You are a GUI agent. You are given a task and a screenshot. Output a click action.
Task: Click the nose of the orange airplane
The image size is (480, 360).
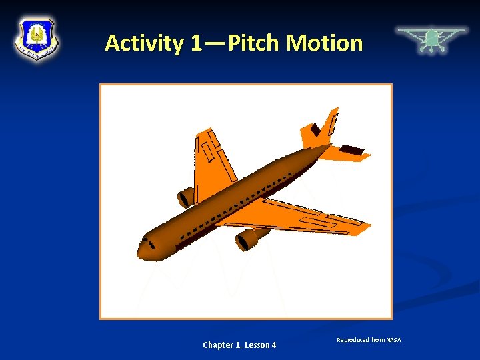pyautogui.click(x=143, y=248)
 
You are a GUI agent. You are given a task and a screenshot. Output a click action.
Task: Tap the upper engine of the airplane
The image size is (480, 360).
pyautogui.click(x=185, y=197)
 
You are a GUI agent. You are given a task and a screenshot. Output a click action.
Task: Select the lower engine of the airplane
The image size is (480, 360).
pyautogui.click(x=249, y=238)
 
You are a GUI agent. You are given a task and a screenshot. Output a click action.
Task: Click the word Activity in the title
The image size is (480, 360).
pyautogui.click(x=143, y=43)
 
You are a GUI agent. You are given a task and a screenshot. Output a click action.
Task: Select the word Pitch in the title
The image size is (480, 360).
pyautogui.click(x=255, y=43)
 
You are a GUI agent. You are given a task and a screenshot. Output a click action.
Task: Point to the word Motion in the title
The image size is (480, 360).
pyautogui.click(x=325, y=43)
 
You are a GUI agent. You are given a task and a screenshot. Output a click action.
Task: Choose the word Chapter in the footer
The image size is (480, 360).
pyautogui.click(x=219, y=345)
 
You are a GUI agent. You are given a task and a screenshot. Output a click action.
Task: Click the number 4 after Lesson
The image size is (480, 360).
pyautogui.click(x=273, y=345)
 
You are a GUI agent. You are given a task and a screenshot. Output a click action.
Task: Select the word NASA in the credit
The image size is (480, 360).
pyautogui.click(x=394, y=341)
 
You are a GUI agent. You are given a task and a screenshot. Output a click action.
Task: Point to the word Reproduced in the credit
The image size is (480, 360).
pyautogui.click(x=353, y=341)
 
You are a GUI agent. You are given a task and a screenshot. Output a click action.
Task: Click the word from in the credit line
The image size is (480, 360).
pyautogui.click(x=378, y=341)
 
